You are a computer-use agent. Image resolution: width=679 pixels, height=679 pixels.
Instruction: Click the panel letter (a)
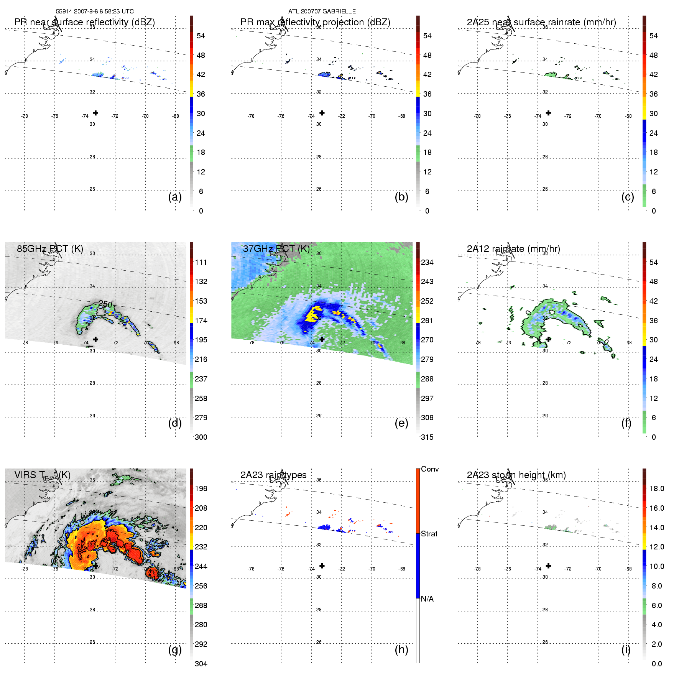(x=175, y=197)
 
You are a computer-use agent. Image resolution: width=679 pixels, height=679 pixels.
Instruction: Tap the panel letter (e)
(x=401, y=423)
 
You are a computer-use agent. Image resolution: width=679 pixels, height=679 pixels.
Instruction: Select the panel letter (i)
(x=626, y=649)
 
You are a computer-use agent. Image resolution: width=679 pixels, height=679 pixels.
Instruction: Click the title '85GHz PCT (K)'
(x=50, y=249)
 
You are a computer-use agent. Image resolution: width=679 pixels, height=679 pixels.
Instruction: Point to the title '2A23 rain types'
(x=273, y=475)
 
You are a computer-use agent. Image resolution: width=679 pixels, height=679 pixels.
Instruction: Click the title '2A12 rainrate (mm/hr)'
(x=513, y=249)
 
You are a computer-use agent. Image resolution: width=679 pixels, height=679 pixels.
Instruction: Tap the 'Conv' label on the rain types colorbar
(x=430, y=469)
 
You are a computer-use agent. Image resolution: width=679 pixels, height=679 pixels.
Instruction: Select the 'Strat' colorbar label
(x=429, y=534)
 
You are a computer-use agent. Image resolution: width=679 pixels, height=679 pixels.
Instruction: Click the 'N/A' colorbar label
(x=427, y=599)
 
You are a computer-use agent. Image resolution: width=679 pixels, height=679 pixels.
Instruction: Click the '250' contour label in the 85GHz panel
(x=105, y=304)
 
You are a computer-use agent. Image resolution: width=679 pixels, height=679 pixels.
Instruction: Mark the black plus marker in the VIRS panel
(x=95, y=566)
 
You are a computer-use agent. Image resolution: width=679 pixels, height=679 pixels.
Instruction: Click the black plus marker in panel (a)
(x=95, y=113)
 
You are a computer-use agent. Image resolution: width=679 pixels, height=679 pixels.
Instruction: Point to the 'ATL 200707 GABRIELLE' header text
(x=322, y=12)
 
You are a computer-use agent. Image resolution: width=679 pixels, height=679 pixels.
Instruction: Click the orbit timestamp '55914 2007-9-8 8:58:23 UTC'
(x=95, y=12)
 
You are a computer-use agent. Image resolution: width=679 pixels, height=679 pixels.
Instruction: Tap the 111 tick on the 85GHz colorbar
(x=201, y=262)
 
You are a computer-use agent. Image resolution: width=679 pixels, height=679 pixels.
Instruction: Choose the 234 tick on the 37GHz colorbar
(x=427, y=262)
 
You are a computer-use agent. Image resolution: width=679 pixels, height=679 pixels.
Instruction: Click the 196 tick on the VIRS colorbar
(x=201, y=488)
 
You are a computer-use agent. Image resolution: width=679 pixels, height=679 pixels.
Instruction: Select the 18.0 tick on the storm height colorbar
(x=656, y=488)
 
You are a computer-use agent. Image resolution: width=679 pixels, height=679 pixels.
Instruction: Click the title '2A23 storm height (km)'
(x=516, y=475)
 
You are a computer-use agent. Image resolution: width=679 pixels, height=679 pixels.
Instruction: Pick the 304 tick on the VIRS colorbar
(x=201, y=664)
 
